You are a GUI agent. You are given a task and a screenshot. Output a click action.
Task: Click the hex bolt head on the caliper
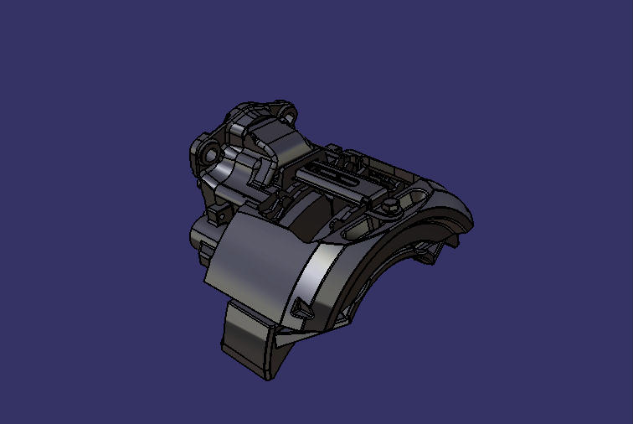point(390,204)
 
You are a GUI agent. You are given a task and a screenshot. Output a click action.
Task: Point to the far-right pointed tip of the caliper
point(471,219)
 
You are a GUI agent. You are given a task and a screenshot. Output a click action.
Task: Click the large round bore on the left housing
point(208,155)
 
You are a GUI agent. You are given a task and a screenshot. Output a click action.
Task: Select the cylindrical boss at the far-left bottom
point(201,235)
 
